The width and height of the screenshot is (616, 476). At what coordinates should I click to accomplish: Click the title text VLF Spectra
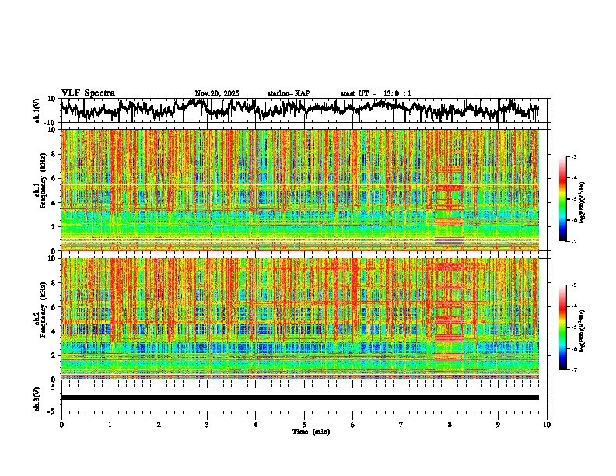tap(88, 93)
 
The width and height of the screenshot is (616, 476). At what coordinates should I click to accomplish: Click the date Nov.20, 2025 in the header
tap(217, 93)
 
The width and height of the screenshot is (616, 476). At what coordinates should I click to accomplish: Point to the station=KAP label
tap(288, 93)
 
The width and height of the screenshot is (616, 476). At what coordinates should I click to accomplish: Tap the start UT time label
tap(376, 93)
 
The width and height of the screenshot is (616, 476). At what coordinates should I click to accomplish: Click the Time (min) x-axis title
tap(310, 431)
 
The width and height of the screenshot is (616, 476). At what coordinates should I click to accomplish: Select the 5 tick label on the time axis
tap(305, 424)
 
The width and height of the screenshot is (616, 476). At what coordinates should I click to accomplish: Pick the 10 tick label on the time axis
tap(548, 424)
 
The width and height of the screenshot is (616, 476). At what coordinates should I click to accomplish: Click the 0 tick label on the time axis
tap(61, 424)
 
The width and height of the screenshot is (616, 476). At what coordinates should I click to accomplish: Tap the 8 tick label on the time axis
tap(450, 424)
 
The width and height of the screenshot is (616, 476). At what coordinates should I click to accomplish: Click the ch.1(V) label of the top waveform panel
tap(37, 110)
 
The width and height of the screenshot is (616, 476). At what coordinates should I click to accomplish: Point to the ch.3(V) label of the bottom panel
tap(37, 397)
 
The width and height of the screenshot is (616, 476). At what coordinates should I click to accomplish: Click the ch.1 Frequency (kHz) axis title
tap(39, 190)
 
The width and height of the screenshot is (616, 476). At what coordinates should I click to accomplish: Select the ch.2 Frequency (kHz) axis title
tap(39, 318)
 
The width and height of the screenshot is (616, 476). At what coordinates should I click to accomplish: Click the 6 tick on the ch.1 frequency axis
tap(54, 178)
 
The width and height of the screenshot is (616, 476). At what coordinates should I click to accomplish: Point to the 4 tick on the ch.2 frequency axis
tap(54, 331)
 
